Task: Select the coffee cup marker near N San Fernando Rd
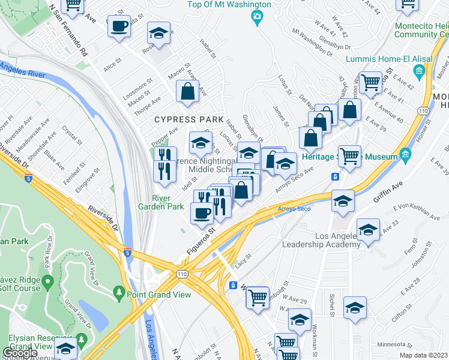coord(119,27)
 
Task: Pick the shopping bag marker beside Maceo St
coord(188,91)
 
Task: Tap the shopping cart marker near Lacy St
coord(258,296)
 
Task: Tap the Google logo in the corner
coord(20,353)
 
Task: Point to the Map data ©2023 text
coord(423,355)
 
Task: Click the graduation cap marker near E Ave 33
coord(368,230)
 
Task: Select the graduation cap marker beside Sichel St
coord(355,308)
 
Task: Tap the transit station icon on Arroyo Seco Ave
coord(336,177)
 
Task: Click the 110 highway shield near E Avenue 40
coord(424,112)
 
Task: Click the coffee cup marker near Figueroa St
coord(202,212)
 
